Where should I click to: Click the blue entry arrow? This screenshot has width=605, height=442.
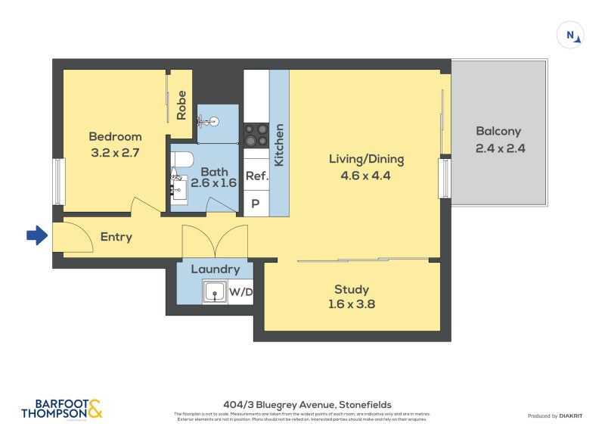pos(36,236)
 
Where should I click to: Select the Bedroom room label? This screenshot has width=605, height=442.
pos(115,137)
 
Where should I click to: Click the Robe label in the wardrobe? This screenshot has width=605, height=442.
pos(181,105)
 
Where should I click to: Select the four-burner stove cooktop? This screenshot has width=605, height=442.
pos(256,135)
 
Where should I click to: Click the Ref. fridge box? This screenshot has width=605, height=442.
pos(256,176)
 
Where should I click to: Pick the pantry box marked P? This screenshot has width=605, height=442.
pos(256,204)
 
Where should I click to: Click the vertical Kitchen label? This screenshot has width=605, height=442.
pos(278,145)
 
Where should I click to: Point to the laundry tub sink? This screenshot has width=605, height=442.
pos(215,291)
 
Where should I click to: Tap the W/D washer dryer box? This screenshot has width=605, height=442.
pos(241,291)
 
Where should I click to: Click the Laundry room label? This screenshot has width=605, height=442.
pos(215,269)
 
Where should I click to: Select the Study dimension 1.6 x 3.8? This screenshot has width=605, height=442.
pos(352,305)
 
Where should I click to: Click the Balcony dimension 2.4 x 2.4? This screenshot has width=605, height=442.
pos(500,148)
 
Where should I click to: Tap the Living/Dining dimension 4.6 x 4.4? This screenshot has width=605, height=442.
pos(366,175)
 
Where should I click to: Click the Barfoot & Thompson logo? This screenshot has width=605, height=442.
pos(61,409)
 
